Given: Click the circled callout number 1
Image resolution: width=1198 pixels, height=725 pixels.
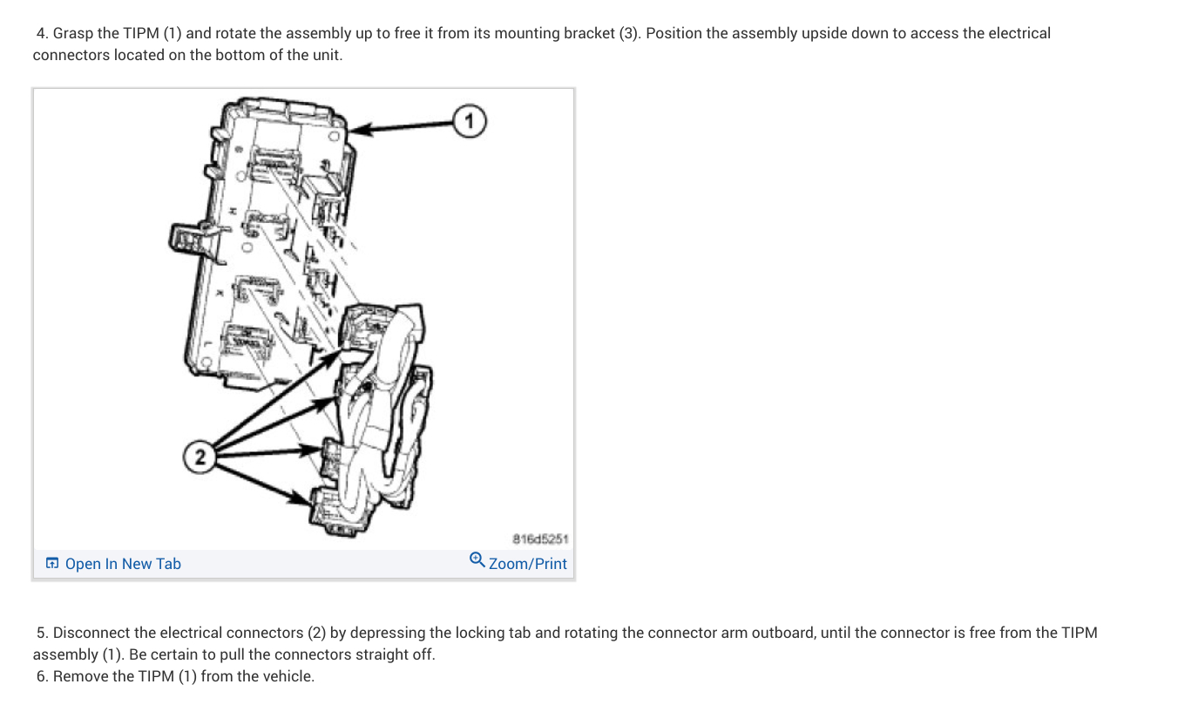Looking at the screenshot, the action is pos(469,121).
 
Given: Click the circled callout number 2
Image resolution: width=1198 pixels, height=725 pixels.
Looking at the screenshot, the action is pos(200,456).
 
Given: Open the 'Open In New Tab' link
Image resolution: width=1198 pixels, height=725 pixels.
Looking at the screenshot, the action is pos(123,564).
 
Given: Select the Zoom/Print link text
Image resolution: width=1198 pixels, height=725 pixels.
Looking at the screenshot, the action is pos(528,564).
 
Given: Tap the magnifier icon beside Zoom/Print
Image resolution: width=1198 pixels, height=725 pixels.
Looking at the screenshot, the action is pos(477,559).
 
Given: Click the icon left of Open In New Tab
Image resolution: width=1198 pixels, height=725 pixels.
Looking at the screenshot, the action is pos(52,564).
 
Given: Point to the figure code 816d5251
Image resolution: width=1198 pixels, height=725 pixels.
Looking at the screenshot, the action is pos(540,539).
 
